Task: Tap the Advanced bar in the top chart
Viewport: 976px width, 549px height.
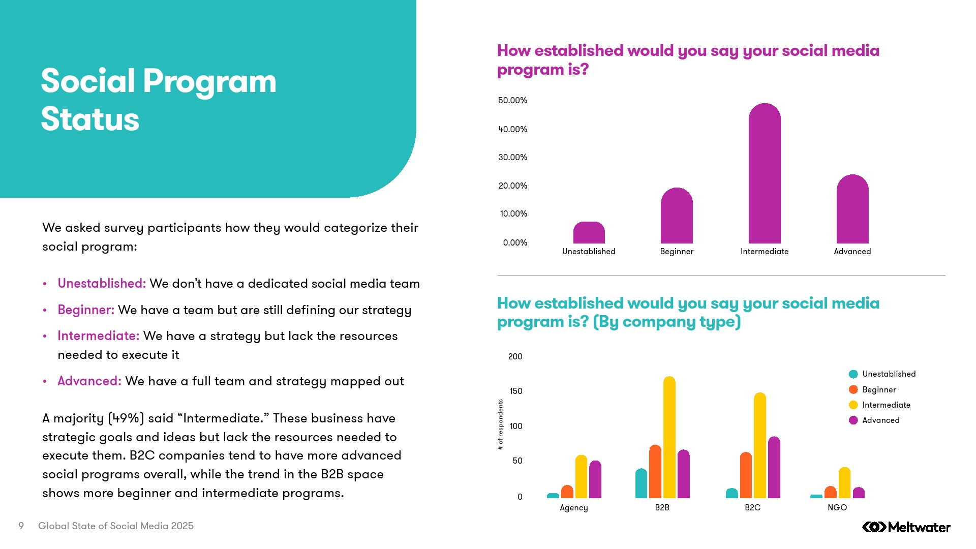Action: (852, 209)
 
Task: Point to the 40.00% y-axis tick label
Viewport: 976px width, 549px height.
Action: (512, 129)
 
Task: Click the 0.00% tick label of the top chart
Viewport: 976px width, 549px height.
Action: (515, 242)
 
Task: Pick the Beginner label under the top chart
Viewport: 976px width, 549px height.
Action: (677, 252)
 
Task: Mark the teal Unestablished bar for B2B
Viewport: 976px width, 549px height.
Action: (641, 483)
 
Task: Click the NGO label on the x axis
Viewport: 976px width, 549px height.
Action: (837, 507)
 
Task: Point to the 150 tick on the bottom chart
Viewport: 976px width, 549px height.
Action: (515, 391)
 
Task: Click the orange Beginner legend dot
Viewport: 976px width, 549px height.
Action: (853, 389)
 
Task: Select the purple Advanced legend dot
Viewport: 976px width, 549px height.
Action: (853, 420)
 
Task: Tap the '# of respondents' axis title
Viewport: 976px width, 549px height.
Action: (501, 424)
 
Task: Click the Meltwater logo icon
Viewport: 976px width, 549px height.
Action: (874, 527)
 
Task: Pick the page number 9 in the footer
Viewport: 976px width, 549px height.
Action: (21, 526)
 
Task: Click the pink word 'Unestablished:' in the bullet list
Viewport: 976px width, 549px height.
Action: (102, 283)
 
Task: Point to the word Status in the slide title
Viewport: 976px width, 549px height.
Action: (90, 119)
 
